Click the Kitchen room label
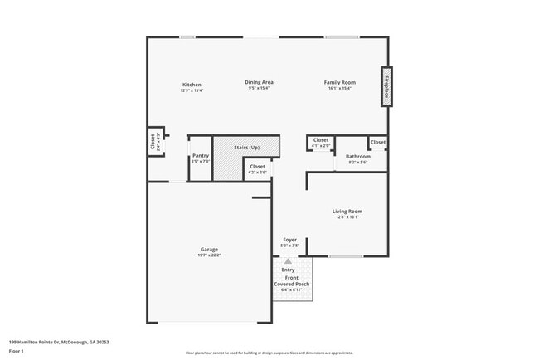tap(192, 85)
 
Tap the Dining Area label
tap(259, 82)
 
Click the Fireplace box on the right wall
tap(386, 86)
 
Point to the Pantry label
tap(201, 155)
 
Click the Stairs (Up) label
tap(246, 148)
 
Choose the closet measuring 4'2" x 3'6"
tap(258, 169)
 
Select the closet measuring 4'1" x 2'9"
tap(321, 143)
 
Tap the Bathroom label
tap(358, 157)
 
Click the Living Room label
tap(347, 212)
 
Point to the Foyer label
tap(289, 240)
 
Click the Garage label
tap(209, 250)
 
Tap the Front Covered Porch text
tap(292, 281)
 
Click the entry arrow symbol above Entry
tap(289, 260)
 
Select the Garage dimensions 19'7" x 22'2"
tap(209, 255)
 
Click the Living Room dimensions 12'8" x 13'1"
tap(347, 217)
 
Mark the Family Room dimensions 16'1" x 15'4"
tap(340, 88)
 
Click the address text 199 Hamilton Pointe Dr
tap(59, 342)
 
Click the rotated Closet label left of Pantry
tap(153, 142)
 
